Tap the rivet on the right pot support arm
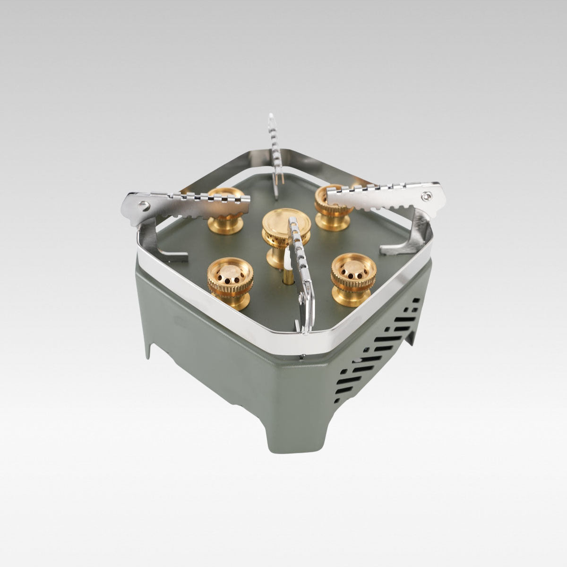pyautogui.click(x=427, y=196)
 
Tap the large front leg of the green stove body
pyautogui.click(x=293, y=425)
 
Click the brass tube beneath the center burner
pyautogui.click(x=286, y=279)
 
